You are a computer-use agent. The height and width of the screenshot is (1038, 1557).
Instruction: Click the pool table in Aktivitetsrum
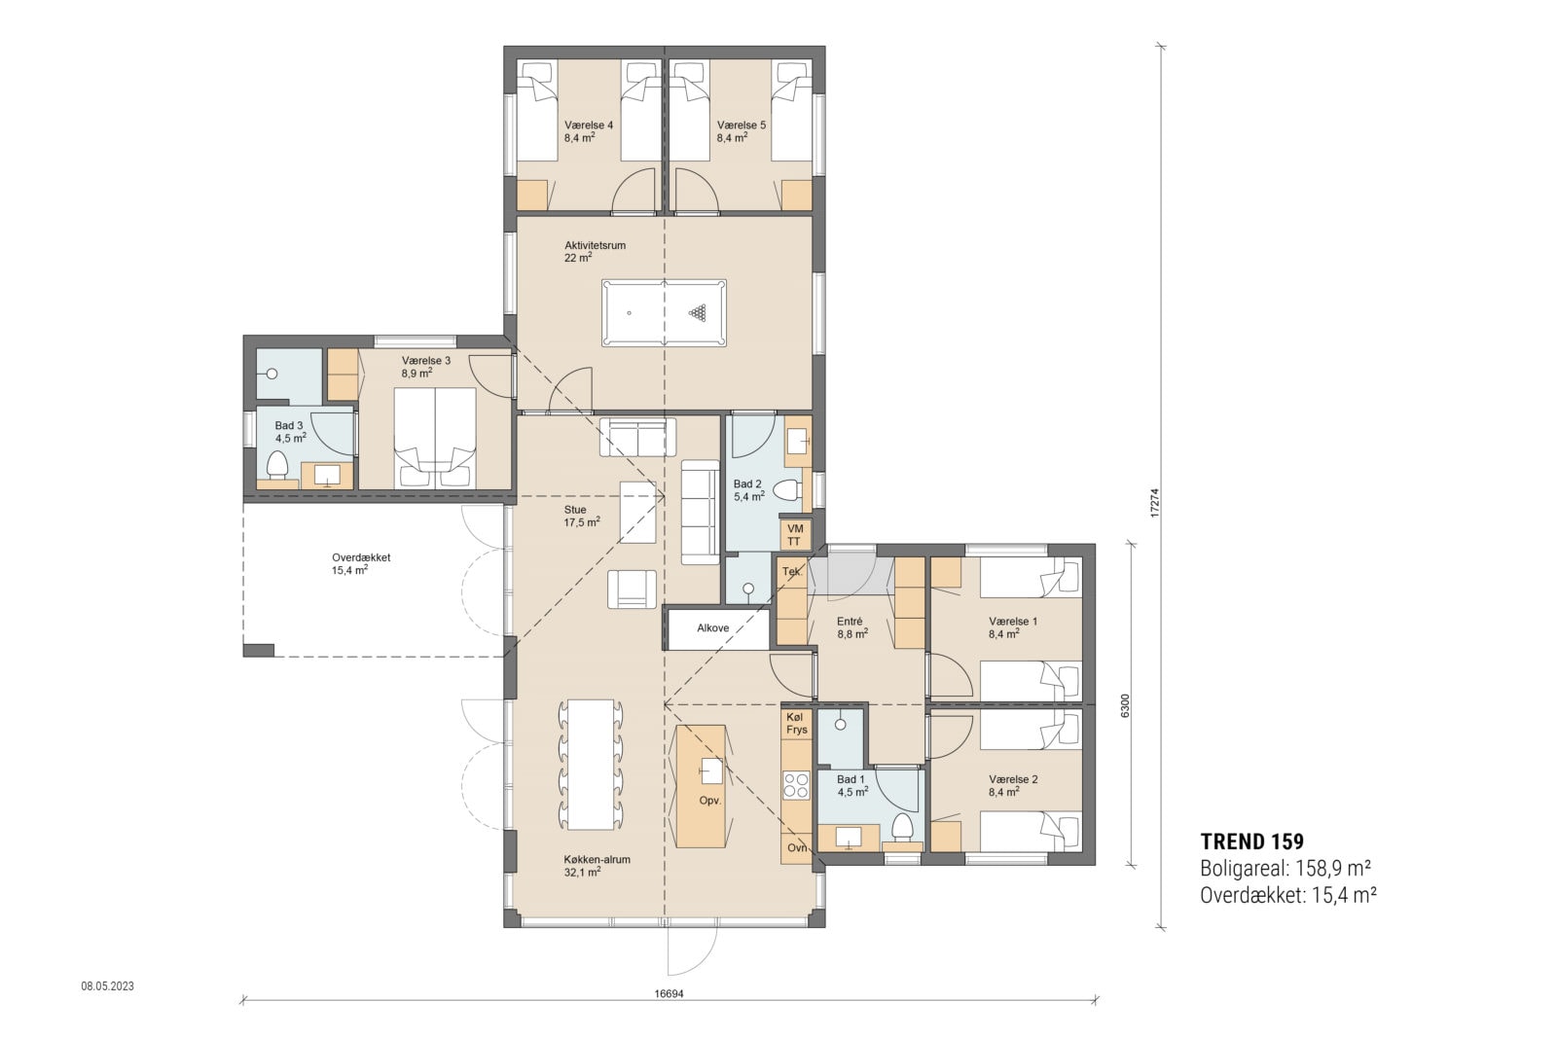coord(664,312)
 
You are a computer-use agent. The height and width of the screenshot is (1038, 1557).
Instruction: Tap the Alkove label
coord(712,628)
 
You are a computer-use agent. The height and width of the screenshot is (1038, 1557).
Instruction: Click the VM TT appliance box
coord(794,534)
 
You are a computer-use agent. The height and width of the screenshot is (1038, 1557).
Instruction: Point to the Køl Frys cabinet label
coord(796,723)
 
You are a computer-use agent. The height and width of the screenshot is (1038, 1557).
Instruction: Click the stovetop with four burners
coord(796,784)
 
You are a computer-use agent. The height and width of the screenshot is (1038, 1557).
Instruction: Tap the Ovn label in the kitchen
coord(797,847)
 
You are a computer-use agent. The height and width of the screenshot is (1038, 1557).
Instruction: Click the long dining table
coord(590,764)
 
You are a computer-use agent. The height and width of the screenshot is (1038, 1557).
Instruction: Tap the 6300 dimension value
coord(1126,704)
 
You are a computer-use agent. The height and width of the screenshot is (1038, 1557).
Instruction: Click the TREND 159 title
coord(1251,841)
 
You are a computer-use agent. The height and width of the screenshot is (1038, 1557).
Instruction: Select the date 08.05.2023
coord(107,985)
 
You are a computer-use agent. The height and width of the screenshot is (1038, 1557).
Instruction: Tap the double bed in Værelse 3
coord(434,437)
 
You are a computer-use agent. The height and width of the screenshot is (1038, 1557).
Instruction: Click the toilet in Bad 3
coord(277,464)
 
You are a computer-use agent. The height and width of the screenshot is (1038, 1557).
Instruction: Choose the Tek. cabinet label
coord(791,572)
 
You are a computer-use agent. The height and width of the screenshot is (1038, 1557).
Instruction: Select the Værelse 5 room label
coord(741,131)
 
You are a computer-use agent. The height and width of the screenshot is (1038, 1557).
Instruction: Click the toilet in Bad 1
coord(902,828)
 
